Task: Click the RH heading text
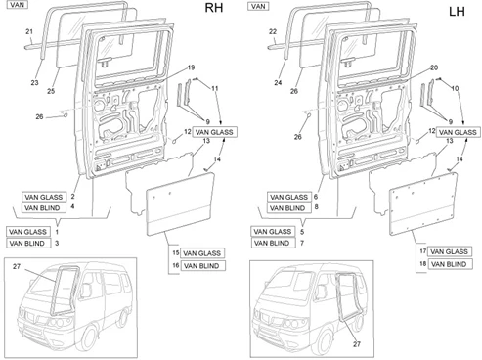(x=214, y=8)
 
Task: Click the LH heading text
(x=457, y=12)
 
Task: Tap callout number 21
(x=29, y=31)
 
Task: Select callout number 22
(x=273, y=31)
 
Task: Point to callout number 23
(x=34, y=83)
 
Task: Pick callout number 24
(x=278, y=83)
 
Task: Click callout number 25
(x=51, y=91)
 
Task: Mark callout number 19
(x=191, y=67)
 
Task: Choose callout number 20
(x=434, y=67)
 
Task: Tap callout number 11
(x=215, y=88)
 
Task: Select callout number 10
(x=455, y=88)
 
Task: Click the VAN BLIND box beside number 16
(x=202, y=266)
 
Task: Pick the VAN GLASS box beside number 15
(x=202, y=253)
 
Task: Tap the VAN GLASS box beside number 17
(x=450, y=251)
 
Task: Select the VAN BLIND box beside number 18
(x=450, y=264)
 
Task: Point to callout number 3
(x=57, y=244)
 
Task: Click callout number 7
(x=302, y=244)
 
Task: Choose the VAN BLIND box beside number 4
(x=44, y=208)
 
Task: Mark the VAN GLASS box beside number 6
(x=289, y=197)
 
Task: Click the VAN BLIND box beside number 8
(x=289, y=208)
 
